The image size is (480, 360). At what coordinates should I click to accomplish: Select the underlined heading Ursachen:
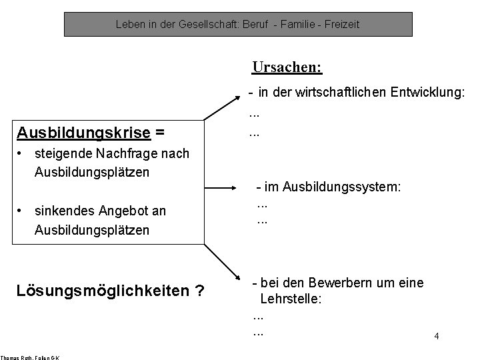[x=287, y=67]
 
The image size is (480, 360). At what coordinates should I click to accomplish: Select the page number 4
[x=436, y=337]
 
